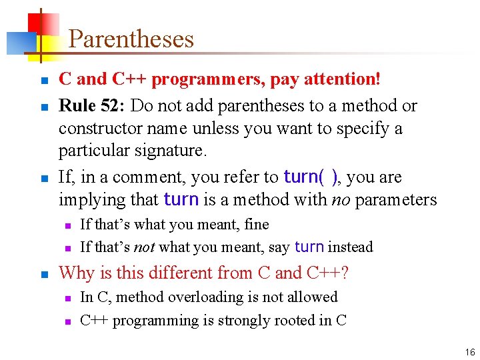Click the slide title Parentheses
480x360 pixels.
click(131, 39)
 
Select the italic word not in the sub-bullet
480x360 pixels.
click(145, 247)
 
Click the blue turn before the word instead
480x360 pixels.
click(309, 247)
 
